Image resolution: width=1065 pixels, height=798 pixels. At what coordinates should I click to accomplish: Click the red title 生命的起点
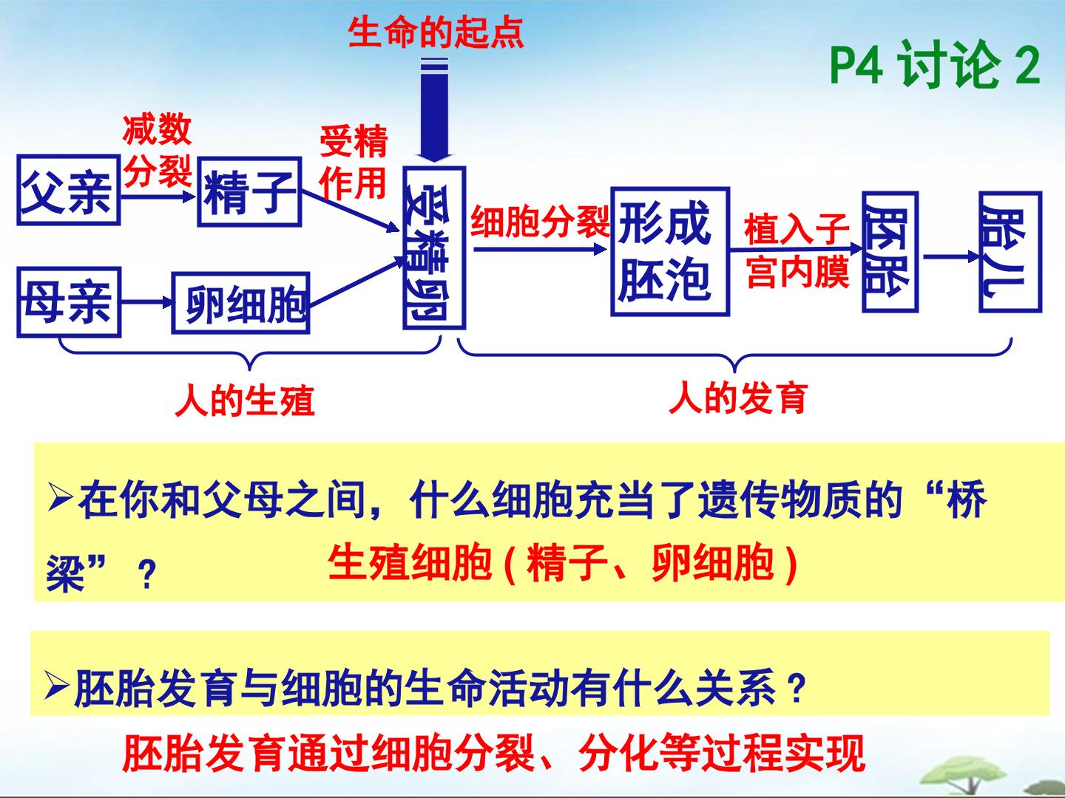tap(436, 33)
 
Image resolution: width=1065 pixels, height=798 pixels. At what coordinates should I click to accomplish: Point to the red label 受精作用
tap(354, 162)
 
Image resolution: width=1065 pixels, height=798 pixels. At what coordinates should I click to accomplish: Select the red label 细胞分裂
tap(540, 222)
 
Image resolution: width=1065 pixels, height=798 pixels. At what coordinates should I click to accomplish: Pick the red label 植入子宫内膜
tap(797, 250)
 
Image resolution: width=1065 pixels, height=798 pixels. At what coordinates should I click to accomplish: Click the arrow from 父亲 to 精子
tap(158, 197)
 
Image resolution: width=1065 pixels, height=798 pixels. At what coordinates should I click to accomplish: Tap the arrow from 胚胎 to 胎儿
tap(951, 257)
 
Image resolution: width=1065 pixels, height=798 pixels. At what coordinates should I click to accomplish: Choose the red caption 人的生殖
tap(245, 400)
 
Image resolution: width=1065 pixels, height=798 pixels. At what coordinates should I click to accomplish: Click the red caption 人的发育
tap(738, 398)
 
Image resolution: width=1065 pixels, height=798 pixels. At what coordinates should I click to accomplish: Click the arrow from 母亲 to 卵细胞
tap(147, 302)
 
